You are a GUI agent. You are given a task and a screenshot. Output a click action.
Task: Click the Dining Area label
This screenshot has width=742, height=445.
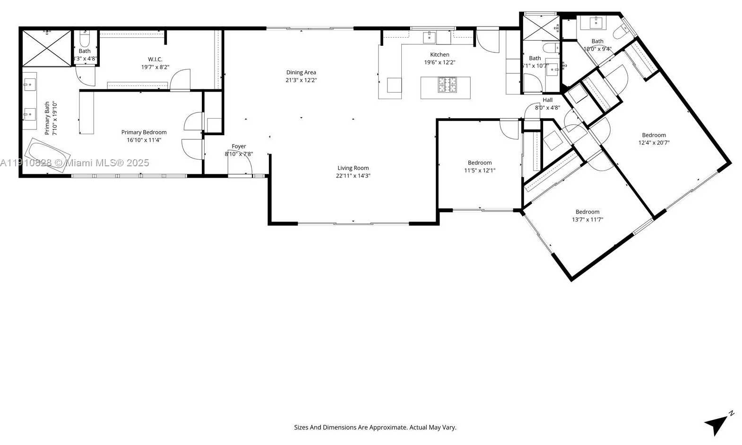point(301,72)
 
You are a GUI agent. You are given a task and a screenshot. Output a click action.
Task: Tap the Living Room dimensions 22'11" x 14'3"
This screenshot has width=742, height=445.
point(353,176)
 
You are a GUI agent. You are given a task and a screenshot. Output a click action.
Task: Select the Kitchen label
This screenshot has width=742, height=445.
point(440,55)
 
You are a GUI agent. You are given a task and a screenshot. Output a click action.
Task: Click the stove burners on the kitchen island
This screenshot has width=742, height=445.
point(447,85)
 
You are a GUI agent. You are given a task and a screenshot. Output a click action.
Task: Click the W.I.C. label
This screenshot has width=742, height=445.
point(155,60)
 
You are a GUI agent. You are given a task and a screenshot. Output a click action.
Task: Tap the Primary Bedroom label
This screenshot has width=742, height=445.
point(144,132)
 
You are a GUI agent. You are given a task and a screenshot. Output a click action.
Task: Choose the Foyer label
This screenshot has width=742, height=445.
point(239,146)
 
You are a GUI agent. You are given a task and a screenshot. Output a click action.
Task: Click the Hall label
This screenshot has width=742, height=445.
point(547,100)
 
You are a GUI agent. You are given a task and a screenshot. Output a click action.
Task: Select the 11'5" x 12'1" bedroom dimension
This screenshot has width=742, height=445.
point(479,171)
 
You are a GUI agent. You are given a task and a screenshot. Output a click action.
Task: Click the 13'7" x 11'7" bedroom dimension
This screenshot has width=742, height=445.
point(587,220)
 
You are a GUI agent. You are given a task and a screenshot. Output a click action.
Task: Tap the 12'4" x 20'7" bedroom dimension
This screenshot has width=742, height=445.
point(654,143)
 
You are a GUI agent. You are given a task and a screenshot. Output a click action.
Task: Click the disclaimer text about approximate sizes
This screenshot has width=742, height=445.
point(375,428)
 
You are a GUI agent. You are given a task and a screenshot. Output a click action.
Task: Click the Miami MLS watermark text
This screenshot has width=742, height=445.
point(75,163)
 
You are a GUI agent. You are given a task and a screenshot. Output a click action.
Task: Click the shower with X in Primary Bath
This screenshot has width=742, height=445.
point(46,48)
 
